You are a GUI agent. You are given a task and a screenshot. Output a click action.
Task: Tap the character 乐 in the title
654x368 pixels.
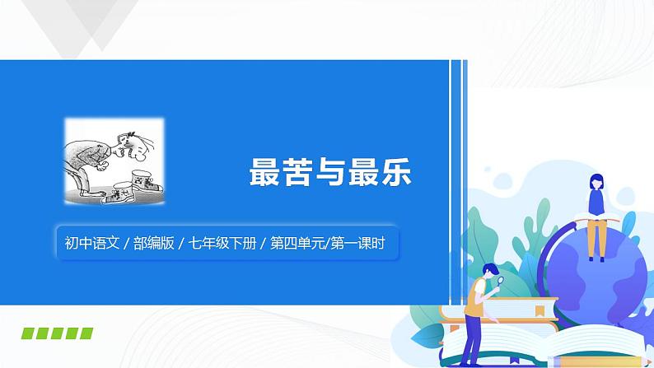(393, 172)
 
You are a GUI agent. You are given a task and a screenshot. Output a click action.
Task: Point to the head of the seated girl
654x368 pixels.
(594, 181)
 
